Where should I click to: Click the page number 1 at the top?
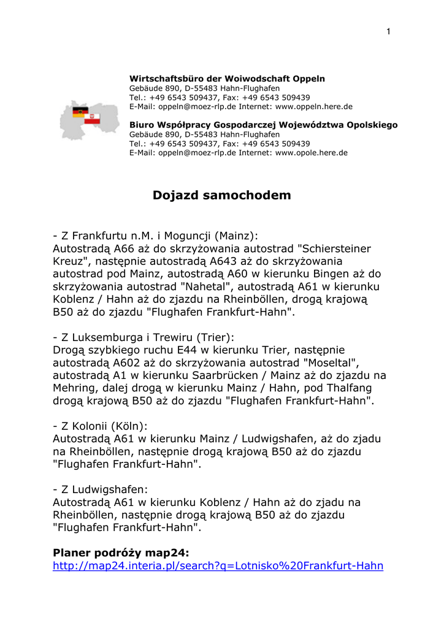[388, 32]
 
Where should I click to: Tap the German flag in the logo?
[79, 112]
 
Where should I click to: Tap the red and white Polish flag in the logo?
[92, 117]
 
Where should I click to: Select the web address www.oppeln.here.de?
[314, 107]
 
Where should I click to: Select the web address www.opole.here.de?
[312, 153]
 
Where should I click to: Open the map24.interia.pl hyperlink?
[218, 566]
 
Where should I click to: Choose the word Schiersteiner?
[335, 249]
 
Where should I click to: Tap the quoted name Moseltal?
[331, 363]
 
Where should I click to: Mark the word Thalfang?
[350, 388]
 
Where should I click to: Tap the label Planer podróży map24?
[121, 553]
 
